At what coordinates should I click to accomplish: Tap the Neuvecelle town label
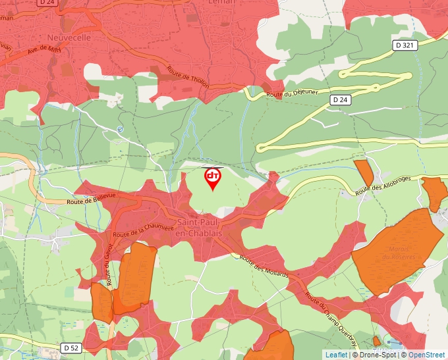(69, 38)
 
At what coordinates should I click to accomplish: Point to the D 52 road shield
(72, 347)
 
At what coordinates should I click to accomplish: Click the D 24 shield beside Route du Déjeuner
(340, 99)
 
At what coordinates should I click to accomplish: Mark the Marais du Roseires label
(395, 253)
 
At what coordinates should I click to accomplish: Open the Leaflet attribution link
(336, 355)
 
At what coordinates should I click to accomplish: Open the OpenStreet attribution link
(428, 355)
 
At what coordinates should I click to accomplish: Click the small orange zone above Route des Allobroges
(364, 172)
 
